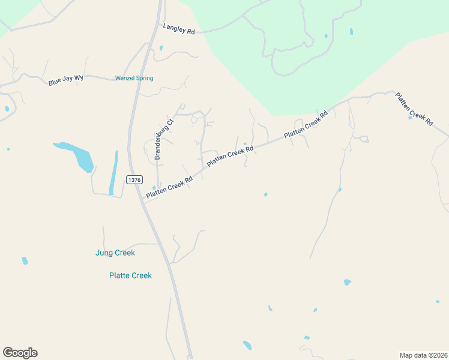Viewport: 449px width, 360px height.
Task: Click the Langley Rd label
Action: (x=179, y=29)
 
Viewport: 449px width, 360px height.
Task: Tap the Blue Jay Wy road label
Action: (x=65, y=80)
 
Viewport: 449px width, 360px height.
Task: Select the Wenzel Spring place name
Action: (x=134, y=78)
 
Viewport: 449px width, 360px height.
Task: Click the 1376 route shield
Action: (x=134, y=179)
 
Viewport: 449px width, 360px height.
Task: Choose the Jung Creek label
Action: (x=115, y=253)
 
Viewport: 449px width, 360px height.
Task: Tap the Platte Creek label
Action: (x=130, y=275)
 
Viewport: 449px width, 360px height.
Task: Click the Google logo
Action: (x=20, y=353)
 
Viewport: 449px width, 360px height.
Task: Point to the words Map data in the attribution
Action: (x=412, y=355)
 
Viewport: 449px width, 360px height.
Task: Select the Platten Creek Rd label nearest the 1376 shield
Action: (x=169, y=188)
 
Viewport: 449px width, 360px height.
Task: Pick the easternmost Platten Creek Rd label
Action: (x=414, y=109)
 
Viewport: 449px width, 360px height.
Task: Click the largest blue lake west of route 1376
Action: (x=78, y=155)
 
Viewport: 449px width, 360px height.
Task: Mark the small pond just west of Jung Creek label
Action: (x=25, y=260)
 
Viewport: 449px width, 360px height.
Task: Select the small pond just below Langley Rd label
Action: (x=161, y=48)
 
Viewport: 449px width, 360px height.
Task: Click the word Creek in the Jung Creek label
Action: (x=125, y=253)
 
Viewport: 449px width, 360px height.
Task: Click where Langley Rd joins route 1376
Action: (x=161, y=24)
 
